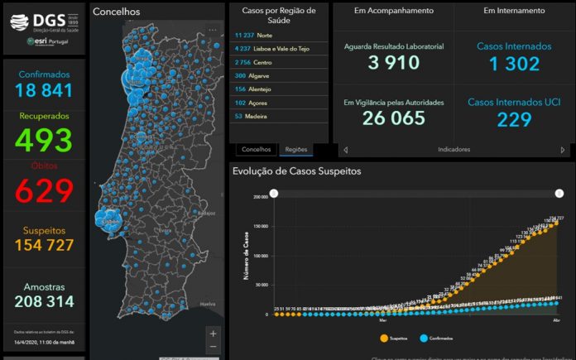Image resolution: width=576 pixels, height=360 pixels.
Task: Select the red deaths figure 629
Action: click(42, 190)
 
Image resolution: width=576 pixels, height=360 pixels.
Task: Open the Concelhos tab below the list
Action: click(256, 150)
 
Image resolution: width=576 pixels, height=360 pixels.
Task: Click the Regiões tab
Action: click(295, 150)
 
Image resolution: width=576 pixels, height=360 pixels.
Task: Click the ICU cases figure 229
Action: click(514, 120)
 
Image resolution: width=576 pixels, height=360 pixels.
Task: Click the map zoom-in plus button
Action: click(213, 333)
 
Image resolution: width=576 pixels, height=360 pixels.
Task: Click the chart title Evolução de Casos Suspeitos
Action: click(296, 171)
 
